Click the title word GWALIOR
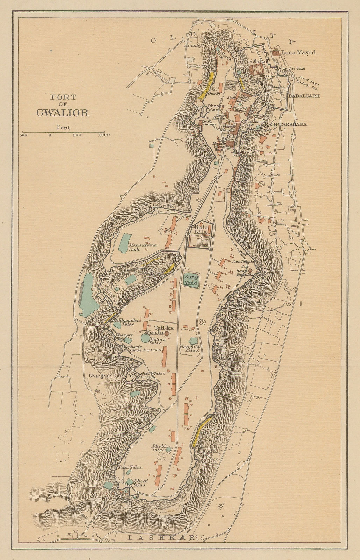point(63,113)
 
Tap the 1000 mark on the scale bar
point(104,135)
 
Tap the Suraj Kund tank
point(191,280)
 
